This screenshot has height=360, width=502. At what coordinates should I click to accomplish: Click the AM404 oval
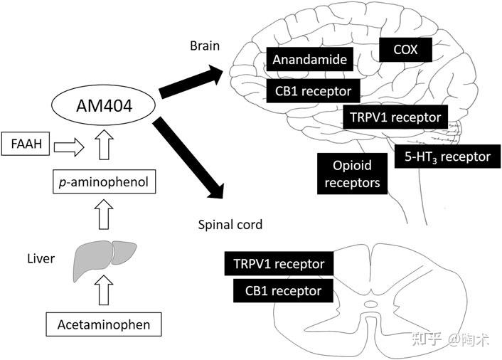click(103, 106)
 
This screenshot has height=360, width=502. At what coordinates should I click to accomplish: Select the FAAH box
click(26, 144)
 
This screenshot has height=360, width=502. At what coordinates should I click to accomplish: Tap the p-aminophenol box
click(104, 181)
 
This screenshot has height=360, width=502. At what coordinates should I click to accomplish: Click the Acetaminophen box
click(104, 324)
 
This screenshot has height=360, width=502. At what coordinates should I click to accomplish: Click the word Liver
click(41, 258)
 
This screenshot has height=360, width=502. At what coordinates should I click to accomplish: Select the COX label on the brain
click(405, 50)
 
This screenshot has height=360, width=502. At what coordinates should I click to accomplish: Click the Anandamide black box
click(310, 59)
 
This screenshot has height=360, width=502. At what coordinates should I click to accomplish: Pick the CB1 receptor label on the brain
click(313, 91)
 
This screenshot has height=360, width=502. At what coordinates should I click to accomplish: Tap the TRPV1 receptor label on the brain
click(395, 117)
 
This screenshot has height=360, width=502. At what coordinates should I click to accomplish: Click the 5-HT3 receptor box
click(447, 157)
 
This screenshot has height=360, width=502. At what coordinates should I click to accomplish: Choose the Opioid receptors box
click(352, 174)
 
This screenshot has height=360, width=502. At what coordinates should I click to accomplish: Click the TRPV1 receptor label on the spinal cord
click(279, 263)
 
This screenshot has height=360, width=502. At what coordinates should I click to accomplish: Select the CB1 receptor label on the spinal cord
click(283, 290)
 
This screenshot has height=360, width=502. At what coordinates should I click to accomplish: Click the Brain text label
click(205, 46)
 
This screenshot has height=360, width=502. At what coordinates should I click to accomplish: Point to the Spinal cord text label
click(230, 225)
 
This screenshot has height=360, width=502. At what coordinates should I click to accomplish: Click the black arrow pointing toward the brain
click(191, 82)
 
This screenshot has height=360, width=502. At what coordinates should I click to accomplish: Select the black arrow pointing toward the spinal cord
click(188, 158)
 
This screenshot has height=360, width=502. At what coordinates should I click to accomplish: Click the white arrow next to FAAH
click(69, 147)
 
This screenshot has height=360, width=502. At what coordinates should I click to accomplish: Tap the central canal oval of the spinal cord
click(371, 304)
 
